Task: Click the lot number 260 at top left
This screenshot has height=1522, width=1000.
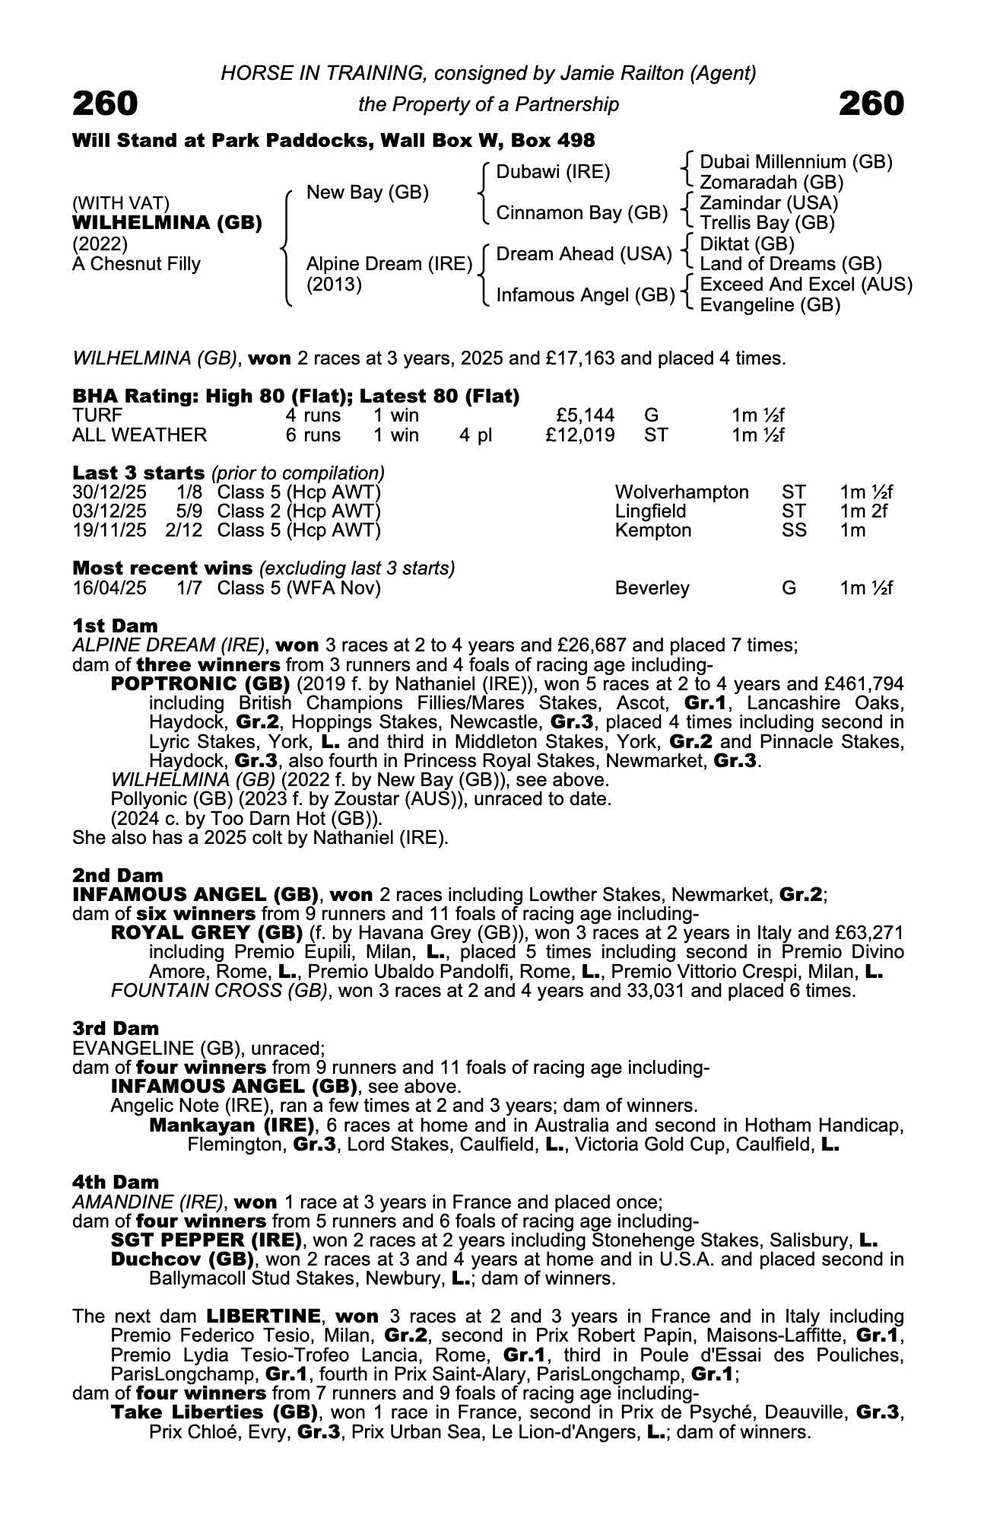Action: click(105, 103)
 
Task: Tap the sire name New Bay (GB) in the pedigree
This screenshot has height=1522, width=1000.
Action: click(367, 193)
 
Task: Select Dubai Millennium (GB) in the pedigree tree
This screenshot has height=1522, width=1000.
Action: click(795, 162)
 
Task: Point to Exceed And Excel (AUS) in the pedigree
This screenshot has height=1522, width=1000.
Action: click(805, 285)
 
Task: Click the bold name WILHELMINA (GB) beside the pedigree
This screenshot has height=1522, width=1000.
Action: click(167, 223)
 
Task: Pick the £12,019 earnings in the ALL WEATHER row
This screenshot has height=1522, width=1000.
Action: click(580, 435)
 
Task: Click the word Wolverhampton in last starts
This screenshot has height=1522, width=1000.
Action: click(681, 492)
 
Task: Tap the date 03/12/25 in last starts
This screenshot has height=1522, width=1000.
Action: click(110, 511)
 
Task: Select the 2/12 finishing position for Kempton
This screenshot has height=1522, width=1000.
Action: click(184, 530)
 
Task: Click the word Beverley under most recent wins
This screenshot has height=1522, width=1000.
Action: click(652, 588)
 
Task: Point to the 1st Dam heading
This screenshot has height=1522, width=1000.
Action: click(116, 626)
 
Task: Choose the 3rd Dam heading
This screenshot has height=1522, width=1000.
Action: click(116, 1029)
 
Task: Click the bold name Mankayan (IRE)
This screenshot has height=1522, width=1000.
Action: click(232, 1126)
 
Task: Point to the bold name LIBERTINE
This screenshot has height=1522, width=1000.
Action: click(264, 1317)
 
